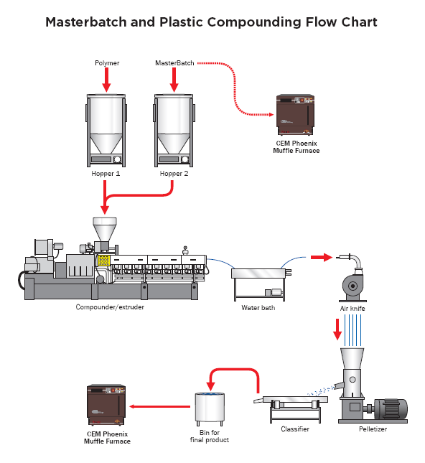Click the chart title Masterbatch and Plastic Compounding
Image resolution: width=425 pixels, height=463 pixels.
[x=211, y=22]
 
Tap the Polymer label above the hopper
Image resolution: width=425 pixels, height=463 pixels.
[x=107, y=63]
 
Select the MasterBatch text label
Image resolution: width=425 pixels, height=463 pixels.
[x=173, y=63]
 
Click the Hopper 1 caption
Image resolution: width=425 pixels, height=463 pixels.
[x=106, y=174]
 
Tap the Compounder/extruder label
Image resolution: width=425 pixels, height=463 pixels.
[x=109, y=307]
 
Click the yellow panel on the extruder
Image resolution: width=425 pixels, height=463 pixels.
[x=103, y=259]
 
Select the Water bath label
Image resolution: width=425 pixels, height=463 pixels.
[x=258, y=308]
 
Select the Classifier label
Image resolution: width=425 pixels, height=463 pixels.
[x=294, y=429]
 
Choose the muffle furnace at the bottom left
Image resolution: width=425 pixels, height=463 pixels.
[x=106, y=406]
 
